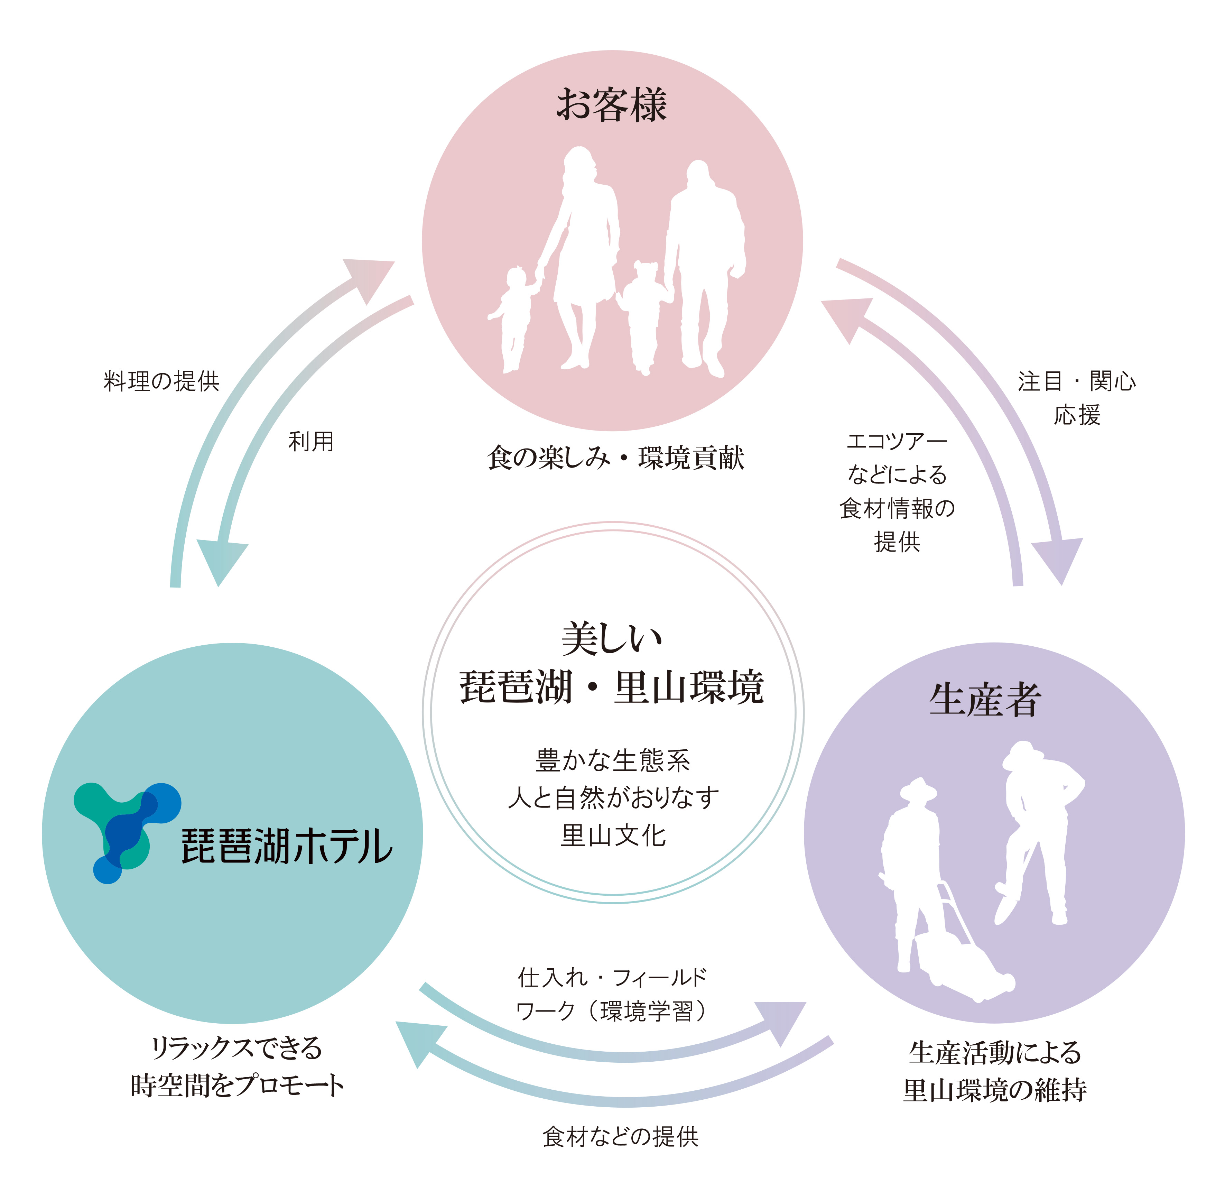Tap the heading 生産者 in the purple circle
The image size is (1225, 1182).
(985, 700)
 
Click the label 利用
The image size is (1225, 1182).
(310, 441)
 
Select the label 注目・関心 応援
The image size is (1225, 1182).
(1076, 398)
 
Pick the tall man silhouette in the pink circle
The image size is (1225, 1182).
(703, 262)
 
